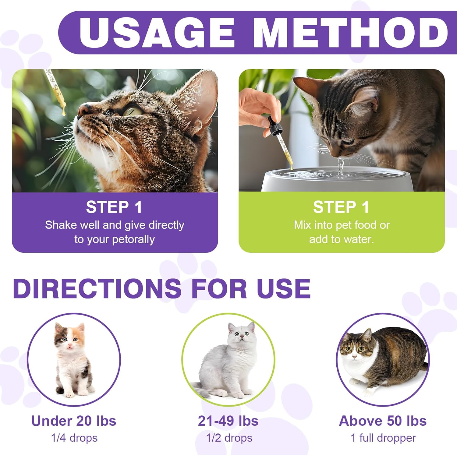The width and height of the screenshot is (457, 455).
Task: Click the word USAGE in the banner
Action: tap(156, 33)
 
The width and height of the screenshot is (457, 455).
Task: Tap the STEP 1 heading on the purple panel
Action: tap(114, 207)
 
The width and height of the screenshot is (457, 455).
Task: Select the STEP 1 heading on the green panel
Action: tap(341, 207)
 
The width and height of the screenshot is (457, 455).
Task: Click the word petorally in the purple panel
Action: tap(134, 239)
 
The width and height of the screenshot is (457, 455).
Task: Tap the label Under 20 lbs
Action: tap(74, 421)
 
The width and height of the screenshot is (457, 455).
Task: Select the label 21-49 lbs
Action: tap(228, 421)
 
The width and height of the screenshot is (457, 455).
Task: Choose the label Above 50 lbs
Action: tap(383, 421)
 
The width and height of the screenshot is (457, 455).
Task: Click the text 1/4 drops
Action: tap(74, 438)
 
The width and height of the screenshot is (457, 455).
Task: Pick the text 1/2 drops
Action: tap(229, 438)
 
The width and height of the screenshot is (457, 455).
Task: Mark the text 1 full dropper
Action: tap(383, 438)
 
